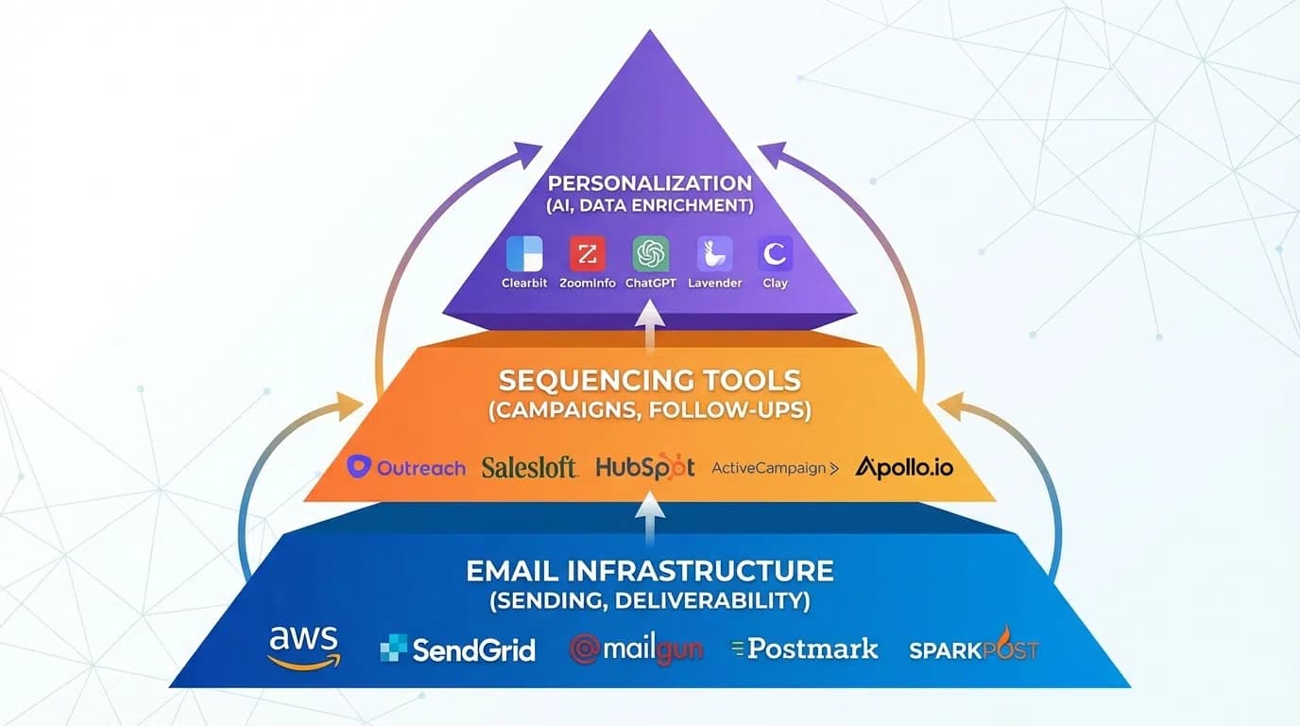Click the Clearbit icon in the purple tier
tap(524, 254)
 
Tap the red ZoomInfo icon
tap(587, 254)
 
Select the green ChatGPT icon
tap(650, 254)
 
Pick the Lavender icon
tap(714, 254)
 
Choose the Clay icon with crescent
tap(775, 254)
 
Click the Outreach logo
tap(406, 466)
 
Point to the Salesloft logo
tap(529, 466)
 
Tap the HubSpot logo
tap(645, 466)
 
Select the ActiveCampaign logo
tap(775, 467)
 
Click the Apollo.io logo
tap(904, 466)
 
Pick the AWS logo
tap(303, 647)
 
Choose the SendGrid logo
tap(457, 649)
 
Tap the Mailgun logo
tap(637, 649)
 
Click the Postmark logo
tap(805, 648)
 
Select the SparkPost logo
tap(973, 648)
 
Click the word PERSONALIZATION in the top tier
tap(650, 183)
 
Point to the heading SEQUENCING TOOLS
tap(650, 381)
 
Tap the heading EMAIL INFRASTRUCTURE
tap(650, 571)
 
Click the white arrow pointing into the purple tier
tap(650, 324)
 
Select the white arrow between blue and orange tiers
tap(650, 519)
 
